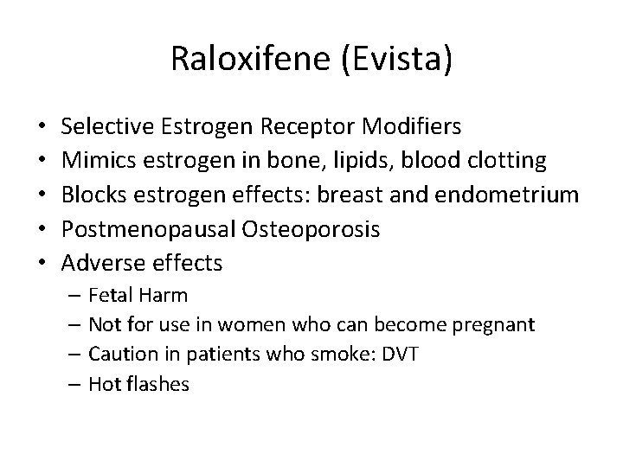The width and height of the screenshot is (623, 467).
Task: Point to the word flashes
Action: (157, 384)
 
